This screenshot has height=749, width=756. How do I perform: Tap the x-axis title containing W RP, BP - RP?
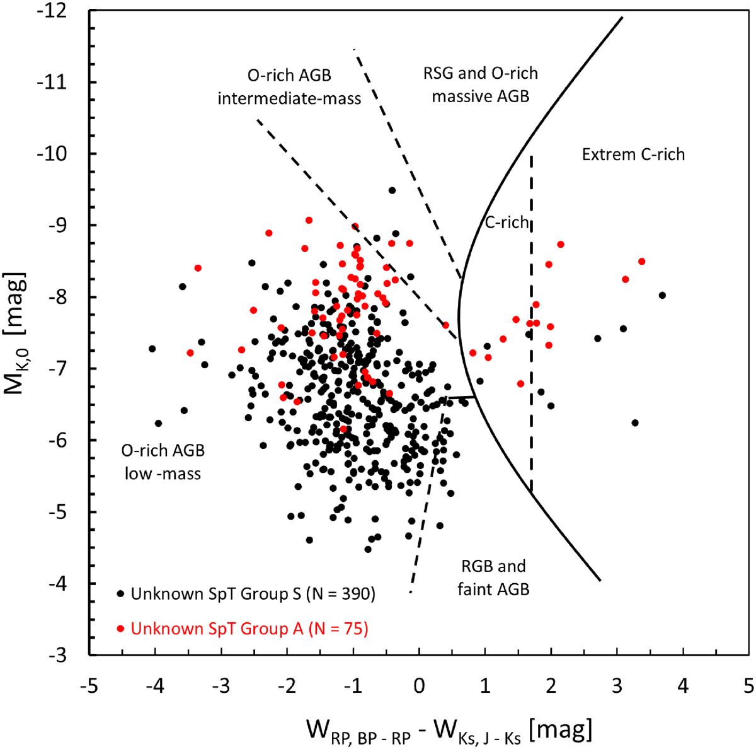[x=449, y=731]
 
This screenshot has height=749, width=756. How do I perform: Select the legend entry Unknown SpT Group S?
[x=253, y=593]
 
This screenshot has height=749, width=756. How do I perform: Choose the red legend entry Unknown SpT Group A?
[x=249, y=629]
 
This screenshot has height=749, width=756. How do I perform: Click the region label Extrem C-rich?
[x=633, y=154]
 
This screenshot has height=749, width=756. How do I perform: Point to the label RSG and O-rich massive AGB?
[x=481, y=84]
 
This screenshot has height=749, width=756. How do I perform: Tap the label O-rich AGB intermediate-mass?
[x=289, y=87]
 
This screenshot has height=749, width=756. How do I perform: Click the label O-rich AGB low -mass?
[x=163, y=462]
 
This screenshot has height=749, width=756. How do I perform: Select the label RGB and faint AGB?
[x=493, y=578]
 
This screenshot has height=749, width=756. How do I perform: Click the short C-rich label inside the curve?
[x=507, y=222]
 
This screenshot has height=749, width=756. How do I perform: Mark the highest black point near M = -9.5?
[x=392, y=190]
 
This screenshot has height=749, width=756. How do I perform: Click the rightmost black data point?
[x=662, y=295]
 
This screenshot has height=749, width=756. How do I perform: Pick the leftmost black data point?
[x=152, y=349]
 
